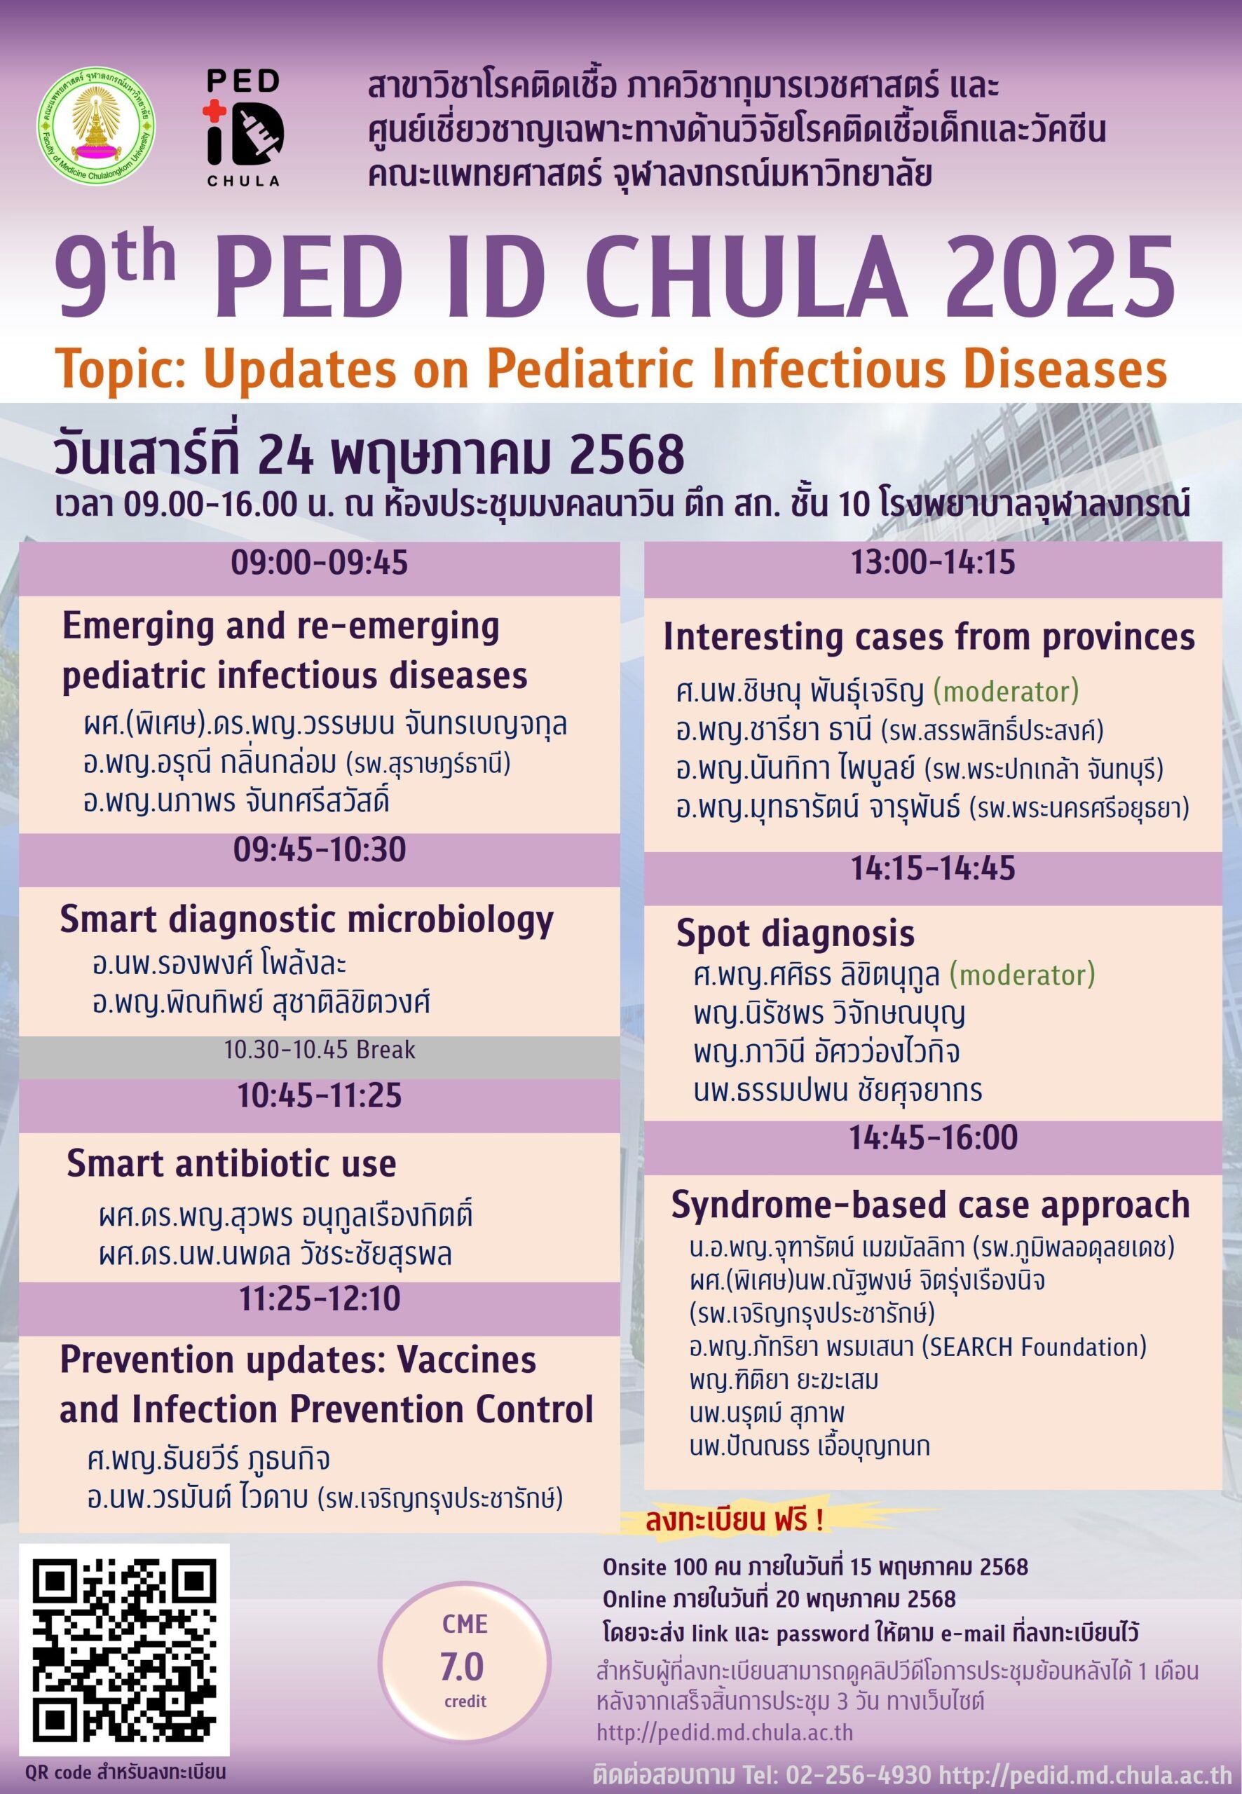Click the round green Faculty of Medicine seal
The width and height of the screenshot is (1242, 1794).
pos(96,125)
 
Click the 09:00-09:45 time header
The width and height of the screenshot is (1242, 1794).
pos(319,563)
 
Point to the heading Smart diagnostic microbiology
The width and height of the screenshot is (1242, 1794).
pos(306,919)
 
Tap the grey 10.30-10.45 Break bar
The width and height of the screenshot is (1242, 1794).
pos(319,1050)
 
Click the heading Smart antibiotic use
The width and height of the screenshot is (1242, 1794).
pos(231,1164)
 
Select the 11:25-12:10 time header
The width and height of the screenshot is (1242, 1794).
pos(319,1299)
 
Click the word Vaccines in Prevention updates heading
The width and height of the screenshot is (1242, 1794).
pos(466,1361)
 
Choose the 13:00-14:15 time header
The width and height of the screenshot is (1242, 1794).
pos(932,562)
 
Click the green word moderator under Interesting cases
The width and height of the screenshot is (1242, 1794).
pos(1005,691)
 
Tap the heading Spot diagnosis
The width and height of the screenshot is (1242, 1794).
pos(795,933)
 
